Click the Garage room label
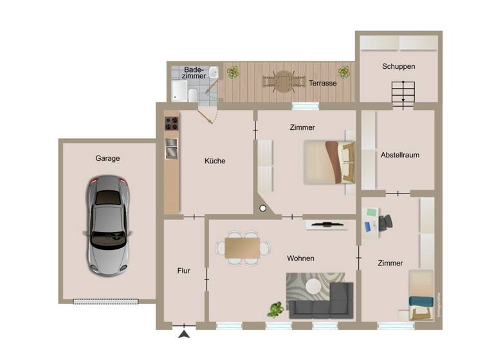(x=107, y=157)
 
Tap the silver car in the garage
(x=107, y=226)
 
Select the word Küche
(x=215, y=161)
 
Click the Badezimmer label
(x=194, y=72)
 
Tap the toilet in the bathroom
(x=191, y=96)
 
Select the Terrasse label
(x=322, y=83)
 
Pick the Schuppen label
(x=398, y=66)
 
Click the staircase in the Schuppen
(x=404, y=94)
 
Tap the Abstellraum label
(x=399, y=155)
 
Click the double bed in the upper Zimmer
(x=328, y=162)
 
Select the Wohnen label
(x=300, y=258)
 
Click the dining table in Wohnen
(x=242, y=247)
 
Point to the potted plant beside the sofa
(x=276, y=310)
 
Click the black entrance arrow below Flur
(x=185, y=334)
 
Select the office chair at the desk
(x=385, y=222)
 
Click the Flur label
(x=183, y=271)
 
